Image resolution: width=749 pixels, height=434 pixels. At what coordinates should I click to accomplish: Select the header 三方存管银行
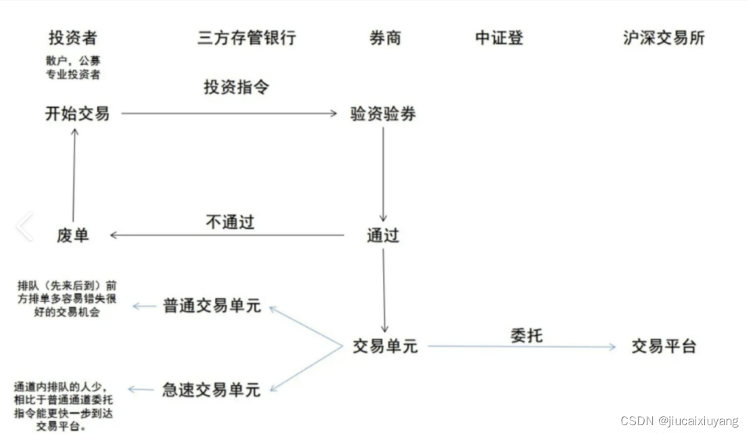pyautogui.click(x=246, y=38)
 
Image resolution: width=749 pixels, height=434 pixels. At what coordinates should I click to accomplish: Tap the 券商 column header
pyautogui.click(x=385, y=38)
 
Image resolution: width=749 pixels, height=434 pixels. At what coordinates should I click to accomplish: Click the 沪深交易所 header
pyautogui.click(x=664, y=38)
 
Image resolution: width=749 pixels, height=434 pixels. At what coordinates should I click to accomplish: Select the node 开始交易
pyautogui.click(x=77, y=114)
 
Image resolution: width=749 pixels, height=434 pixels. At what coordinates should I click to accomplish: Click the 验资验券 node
pyautogui.click(x=383, y=114)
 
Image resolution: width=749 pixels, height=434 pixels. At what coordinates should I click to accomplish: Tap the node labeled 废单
pyautogui.click(x=72, y=235)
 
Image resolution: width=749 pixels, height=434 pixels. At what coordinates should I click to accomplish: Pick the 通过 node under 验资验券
pyautogui.click(x=383, y=235)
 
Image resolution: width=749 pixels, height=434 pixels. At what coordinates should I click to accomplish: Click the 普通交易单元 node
pyautogui.click(x=212, y=306)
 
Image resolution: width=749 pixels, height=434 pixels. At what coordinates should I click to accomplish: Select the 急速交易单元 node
pyautogui.click(x=212, y=389)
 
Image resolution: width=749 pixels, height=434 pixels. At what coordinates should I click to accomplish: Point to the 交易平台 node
pyautogui.click(x=664, y=347)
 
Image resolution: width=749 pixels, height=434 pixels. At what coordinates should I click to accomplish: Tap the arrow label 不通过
pyautogui.click(x=229, y=222)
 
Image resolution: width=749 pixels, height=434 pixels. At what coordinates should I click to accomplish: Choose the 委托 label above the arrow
pyautogui.click(x=526, y=335)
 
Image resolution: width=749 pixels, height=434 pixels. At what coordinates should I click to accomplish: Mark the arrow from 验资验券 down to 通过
pyautogui.click(x=383, y=174)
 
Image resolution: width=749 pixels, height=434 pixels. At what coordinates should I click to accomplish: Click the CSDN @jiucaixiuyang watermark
pyautogui.click(x=679, y=421)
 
